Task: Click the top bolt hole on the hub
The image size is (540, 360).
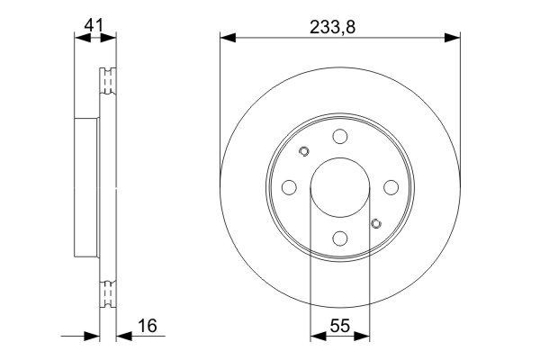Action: [x=339, y=136]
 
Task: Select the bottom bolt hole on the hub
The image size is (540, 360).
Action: [x=339, y=238]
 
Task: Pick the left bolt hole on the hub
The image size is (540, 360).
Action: [x=288, y=187]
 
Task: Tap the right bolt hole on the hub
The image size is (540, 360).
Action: [x=391, y=187]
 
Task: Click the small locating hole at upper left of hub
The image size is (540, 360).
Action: [x=303, y=151]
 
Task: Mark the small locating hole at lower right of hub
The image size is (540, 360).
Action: [x=375, y=223]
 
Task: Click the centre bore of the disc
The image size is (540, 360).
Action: [x=339, y=187]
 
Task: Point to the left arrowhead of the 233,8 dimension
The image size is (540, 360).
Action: [x=227, y=38]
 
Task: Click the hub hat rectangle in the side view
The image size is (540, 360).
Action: [x=85, y=187]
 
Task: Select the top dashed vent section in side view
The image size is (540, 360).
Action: [x=107, y=83]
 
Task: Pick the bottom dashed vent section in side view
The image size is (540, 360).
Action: [x=107, y=292]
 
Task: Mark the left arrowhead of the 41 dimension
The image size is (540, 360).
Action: [x=78, y=38]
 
